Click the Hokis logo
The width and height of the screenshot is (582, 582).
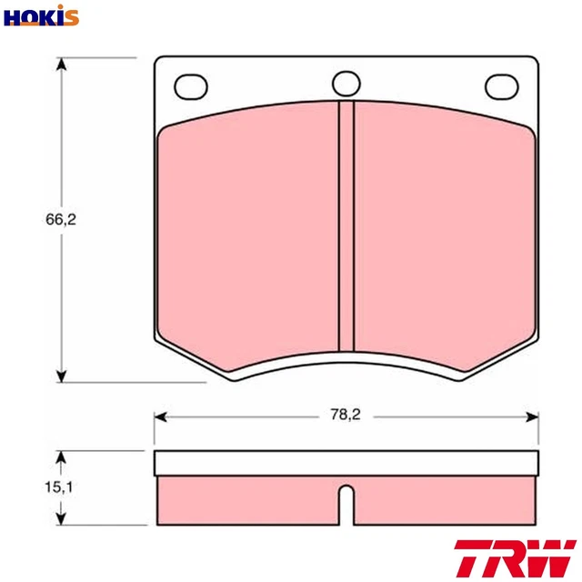pos(40,15)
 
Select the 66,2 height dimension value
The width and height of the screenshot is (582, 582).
pos(60,220)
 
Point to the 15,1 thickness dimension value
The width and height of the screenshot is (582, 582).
pos(60,487)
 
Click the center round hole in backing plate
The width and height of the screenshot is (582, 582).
pos(346,84)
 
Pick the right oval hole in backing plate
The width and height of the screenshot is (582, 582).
pos(501,85)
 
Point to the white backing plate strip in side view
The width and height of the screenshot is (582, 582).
pos(346,463)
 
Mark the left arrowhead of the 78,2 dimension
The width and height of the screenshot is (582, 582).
pos(160,416)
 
